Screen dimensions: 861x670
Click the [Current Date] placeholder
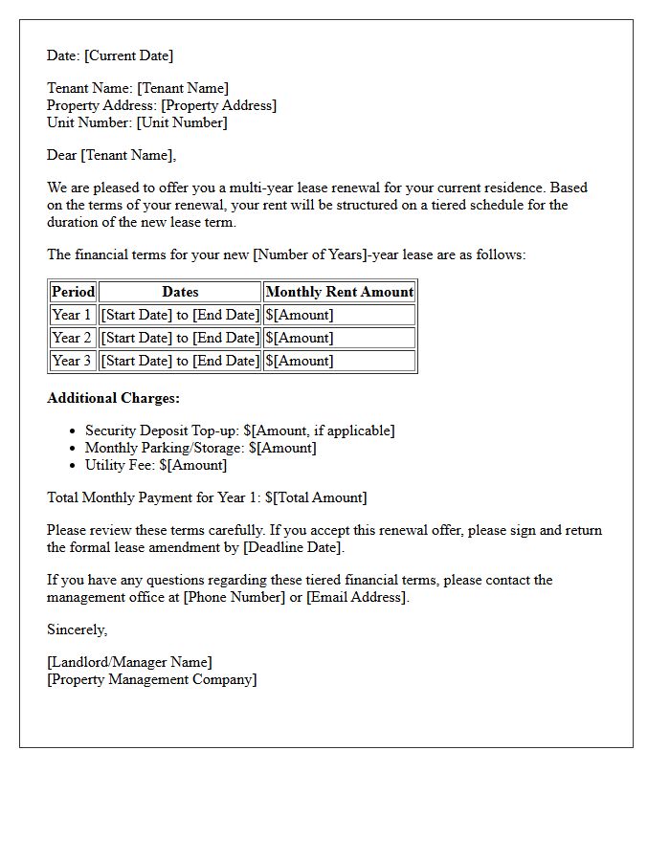129,55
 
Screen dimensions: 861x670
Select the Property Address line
162,105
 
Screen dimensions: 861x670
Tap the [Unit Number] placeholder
182,122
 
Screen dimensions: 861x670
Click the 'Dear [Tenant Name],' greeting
112,155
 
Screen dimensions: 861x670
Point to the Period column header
73,292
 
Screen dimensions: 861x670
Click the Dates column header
180,292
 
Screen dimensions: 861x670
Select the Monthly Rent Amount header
340,292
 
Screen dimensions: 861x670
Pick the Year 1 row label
73,315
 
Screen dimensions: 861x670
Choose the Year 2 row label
73,338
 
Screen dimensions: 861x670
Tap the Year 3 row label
73,361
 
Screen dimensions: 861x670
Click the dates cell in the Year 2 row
180,338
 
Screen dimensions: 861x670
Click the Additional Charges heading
113,398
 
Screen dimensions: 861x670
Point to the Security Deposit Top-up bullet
239,430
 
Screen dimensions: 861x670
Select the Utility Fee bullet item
156,465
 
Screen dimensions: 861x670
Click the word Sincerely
78,629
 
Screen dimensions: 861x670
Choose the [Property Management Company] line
152,679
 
